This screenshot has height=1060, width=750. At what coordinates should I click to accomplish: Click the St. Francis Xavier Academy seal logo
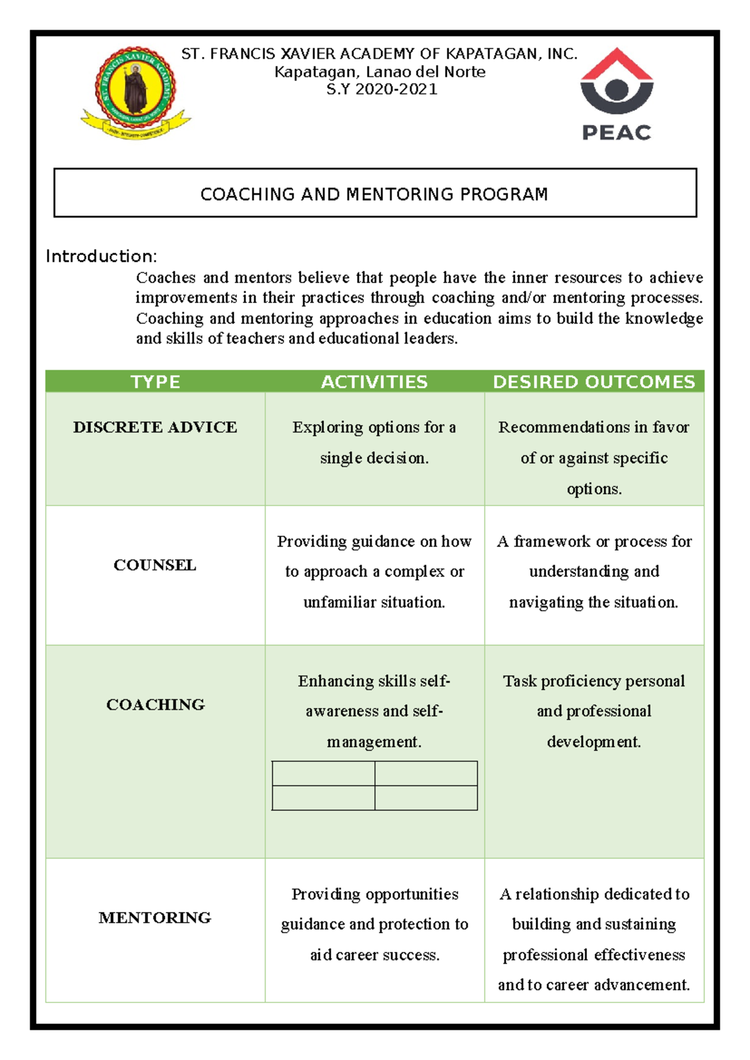(x=136, y=91)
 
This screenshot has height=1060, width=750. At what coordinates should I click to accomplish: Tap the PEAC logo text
(x=616, y=132)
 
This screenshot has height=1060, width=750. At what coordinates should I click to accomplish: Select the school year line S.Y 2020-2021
(x=381, y=89)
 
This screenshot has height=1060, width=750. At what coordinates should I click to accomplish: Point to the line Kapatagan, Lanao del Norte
(x=380, y=72)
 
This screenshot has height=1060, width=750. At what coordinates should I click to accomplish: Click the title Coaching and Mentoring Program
(x=374, y=194)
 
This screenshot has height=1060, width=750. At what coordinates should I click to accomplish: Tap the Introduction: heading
(x=101, y=256)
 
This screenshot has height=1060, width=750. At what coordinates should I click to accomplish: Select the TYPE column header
(x=155, y=382)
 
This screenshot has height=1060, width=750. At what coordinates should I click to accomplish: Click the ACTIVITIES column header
(x=374, y=382)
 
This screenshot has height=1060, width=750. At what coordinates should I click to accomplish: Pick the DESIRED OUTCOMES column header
(x=594, y=382)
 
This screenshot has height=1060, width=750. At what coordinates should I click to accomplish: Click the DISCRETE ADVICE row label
(x=155, y=427)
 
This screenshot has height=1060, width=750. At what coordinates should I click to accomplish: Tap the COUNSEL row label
(x=155, y=565)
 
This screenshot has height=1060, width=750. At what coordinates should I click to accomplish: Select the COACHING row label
(x=155, y=705)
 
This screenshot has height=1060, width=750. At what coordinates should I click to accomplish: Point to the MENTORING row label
(x=155, y=917)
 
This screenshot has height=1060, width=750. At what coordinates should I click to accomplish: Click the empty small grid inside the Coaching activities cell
(x=374, y=786)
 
